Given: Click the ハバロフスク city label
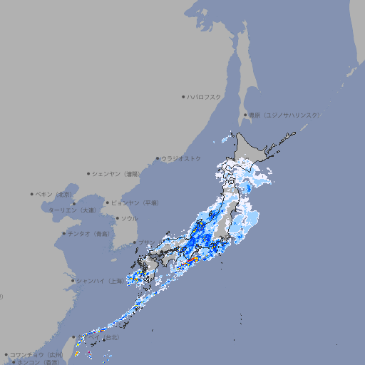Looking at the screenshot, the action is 205,96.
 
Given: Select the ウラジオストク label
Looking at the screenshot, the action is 181,158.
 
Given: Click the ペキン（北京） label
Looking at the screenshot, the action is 55,194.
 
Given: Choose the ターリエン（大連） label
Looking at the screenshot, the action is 72,210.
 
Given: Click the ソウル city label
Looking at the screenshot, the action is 129,218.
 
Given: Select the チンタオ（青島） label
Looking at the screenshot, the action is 88,233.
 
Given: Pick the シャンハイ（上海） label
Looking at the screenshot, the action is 99,281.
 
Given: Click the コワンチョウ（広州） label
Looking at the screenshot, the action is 36,354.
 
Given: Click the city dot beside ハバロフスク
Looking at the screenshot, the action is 183,96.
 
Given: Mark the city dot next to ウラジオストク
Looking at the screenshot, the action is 158,158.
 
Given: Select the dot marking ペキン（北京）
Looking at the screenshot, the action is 32,194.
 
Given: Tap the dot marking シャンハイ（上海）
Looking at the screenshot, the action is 73,281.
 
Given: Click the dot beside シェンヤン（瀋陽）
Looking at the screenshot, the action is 89,173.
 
